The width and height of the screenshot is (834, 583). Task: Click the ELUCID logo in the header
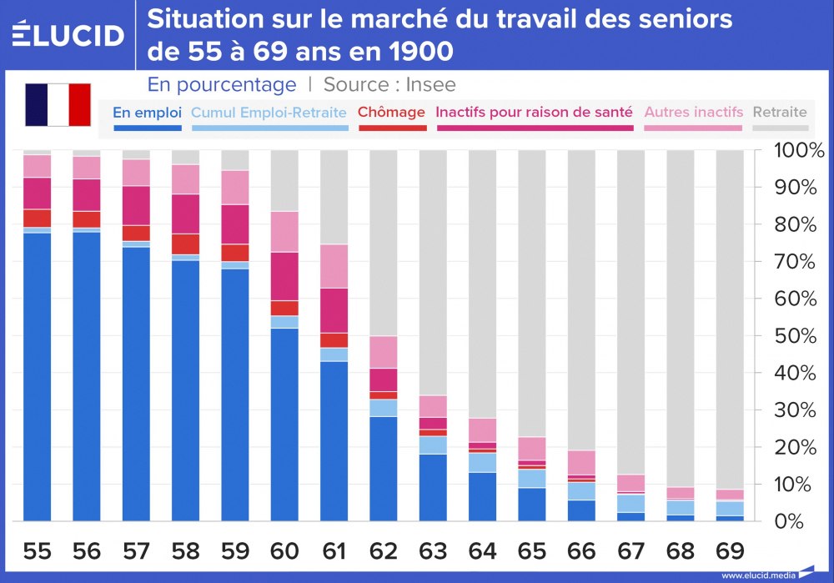click(x=68, y=34)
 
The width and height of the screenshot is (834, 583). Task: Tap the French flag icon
click(x=58, y=104)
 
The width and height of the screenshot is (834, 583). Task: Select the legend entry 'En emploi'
click(x=147, y=112)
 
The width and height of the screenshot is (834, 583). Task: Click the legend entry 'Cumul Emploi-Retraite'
click(x=269, y=112)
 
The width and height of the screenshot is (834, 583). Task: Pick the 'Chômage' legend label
click(x=391, y=112)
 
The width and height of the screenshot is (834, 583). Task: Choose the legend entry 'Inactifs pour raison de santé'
click(x=535, y=112)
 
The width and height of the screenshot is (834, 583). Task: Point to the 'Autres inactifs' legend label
click(x=694, y=112)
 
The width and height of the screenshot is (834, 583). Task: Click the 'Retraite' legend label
click(x=780, y=112)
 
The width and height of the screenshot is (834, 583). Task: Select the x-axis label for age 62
click(x=382, y=551)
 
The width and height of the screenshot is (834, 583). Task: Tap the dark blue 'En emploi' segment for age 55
click(x=38, y=375)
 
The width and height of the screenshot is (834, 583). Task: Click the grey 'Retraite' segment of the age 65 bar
click(x=531, y=292)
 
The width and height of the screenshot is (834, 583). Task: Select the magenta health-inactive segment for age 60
click(x=284, y=276)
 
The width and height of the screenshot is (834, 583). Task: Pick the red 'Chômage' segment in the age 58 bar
click(x=186, y=244)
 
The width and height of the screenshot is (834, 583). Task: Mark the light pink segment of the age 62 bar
click(x=384, y=352)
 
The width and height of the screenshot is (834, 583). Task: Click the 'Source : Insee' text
click(x=389, y=85)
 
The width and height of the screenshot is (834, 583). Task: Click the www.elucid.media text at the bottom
click(x=757, y=575)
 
